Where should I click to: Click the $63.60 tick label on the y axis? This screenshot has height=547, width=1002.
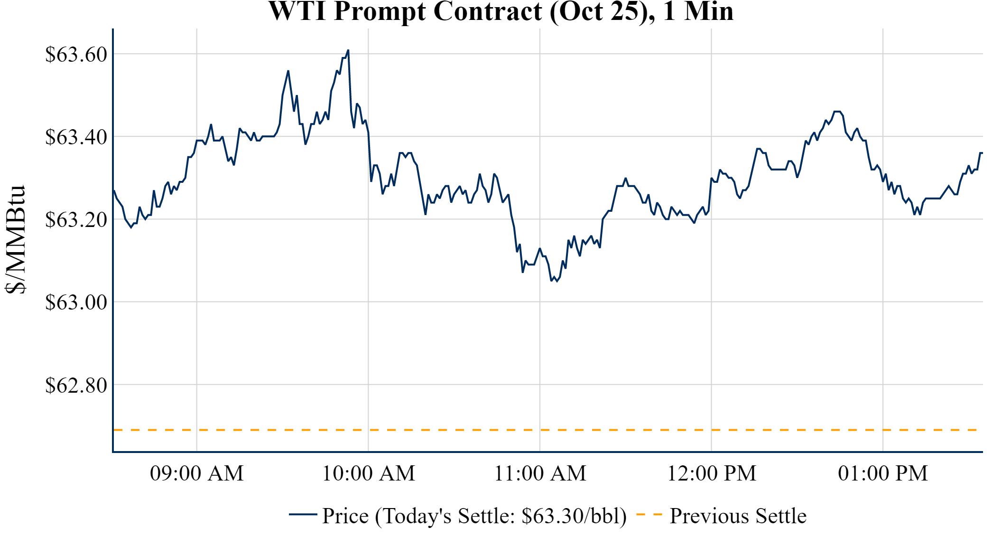point(76,55)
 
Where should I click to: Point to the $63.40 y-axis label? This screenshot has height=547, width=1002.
point(76,137)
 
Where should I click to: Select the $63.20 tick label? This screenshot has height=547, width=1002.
point(76,220)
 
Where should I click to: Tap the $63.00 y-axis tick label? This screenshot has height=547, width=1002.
point(76,302)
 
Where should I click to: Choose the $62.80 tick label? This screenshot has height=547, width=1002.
point(76,385)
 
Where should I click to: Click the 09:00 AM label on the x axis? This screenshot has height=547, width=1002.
point(197,473)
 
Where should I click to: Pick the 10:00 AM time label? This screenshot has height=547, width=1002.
point(369,473)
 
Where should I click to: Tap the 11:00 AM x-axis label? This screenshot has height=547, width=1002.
point(540,473)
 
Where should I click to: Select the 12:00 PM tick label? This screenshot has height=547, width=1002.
point(712,473)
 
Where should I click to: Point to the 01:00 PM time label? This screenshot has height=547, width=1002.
point(883,473)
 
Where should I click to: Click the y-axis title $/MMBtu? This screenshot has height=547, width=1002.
point(15,239)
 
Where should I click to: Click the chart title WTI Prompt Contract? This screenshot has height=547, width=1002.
point(501,11)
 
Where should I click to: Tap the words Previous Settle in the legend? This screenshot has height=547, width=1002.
point(738,516)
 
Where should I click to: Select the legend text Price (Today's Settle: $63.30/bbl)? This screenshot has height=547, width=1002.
point(474,516)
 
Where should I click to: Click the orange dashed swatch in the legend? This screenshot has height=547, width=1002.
point(649,515)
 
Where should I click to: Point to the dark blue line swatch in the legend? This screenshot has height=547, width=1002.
point(303,514)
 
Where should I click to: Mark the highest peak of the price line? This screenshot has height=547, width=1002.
point(348,50)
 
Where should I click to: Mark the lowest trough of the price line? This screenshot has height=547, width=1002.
point(557,282)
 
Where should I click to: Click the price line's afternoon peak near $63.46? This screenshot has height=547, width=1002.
point(837,112)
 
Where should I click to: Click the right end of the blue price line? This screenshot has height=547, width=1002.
point(982,153)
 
